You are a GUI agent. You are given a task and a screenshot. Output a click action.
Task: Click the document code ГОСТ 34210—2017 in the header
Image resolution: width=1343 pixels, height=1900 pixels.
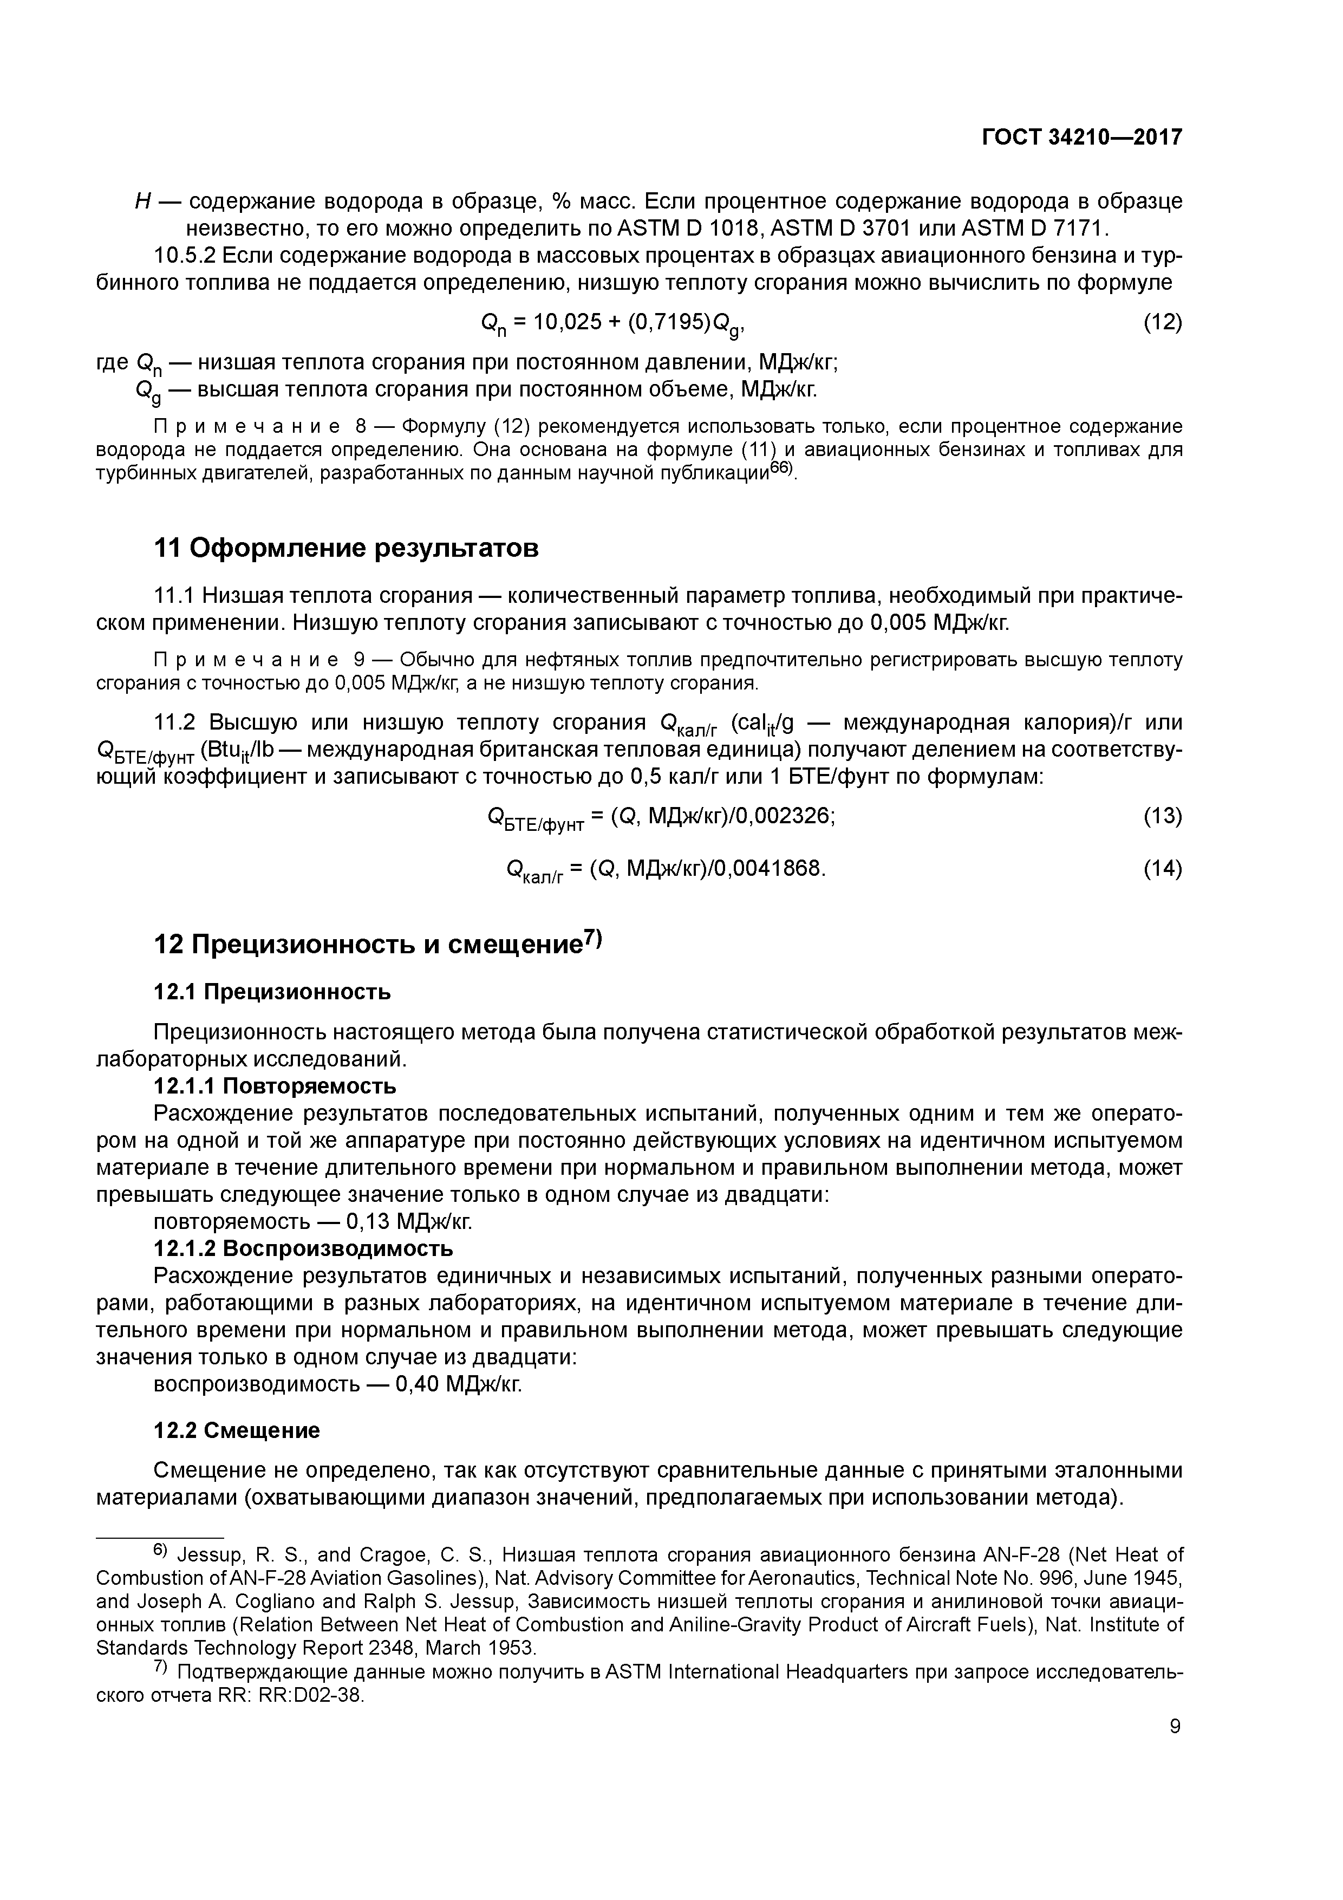[1081, 138]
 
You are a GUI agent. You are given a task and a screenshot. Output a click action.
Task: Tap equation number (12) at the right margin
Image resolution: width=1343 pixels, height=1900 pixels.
[1162, 322]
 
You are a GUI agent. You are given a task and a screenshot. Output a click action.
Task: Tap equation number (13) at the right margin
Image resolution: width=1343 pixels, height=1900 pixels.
[1162, 816]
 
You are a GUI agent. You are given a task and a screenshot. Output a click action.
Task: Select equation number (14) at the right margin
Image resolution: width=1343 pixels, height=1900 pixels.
[1162, 869]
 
